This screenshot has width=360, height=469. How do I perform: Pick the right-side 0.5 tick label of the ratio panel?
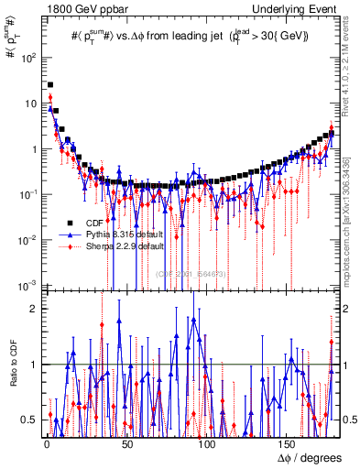click(348, 420)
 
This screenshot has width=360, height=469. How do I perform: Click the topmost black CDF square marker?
click(49, 85)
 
